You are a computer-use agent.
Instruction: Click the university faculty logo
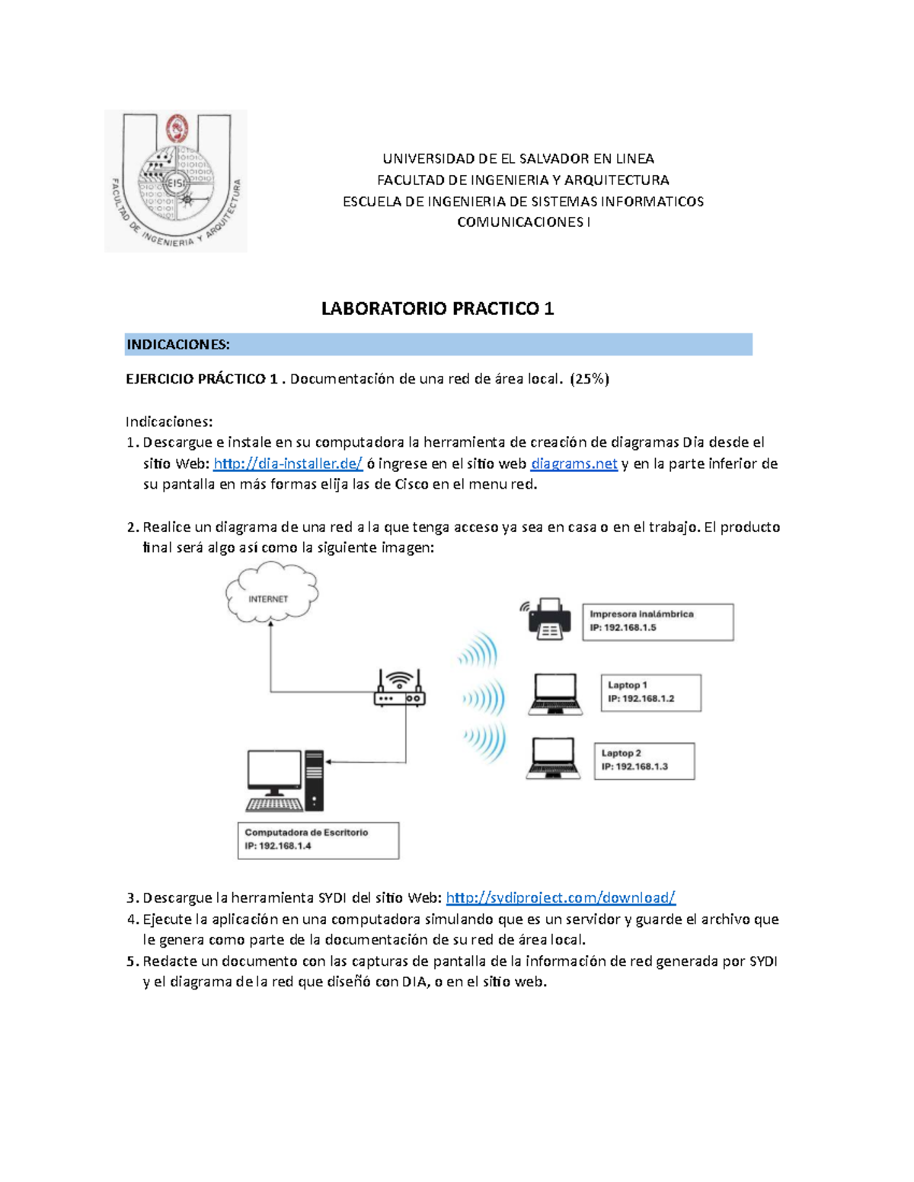(175, 181)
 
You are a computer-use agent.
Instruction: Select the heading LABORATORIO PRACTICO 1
(437, 308)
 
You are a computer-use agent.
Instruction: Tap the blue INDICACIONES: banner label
(177, 345)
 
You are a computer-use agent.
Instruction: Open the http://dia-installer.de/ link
(288, 464)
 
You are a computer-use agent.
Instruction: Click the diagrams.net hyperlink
(574, 464)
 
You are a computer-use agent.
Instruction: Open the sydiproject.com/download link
(561, 897)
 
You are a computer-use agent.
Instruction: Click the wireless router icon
(400, 688)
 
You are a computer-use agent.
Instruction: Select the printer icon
(549, 618)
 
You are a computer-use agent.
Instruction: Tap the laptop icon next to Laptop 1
(555, 694)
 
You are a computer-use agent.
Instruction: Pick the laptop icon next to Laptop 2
(553, 759)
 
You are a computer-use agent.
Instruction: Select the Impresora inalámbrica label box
(657, 622)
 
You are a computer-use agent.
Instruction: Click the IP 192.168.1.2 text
(641, 699)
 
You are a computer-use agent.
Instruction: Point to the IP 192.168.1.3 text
(634, 766)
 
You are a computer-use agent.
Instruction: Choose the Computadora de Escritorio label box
(318, 840)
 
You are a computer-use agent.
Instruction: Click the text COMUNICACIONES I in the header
(523, 222)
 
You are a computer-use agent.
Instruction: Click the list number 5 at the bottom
(131, 961)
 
